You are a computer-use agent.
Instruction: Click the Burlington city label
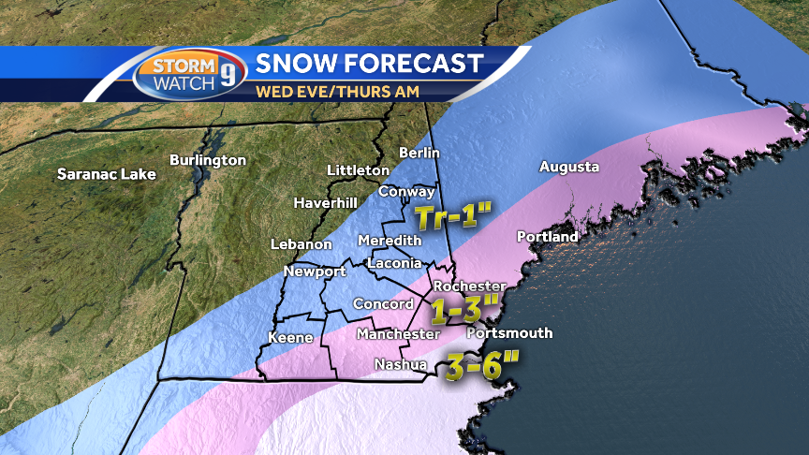pos(207,161)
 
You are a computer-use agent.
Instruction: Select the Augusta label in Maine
pos(569,168)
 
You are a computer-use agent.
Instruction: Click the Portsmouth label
pos(509,333)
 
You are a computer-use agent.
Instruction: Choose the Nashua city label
pos(401,364)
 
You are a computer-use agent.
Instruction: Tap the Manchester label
pos(398,334)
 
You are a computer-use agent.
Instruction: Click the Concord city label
pos(383,304)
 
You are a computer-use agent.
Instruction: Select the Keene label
pos(290,337)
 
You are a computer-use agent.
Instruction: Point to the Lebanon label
pos(302,244)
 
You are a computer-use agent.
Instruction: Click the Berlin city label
pos(419,153)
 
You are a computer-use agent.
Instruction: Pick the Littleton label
pos(358,170)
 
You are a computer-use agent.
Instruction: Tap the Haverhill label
pos(325,202)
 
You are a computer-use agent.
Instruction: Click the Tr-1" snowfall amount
pos(453,218)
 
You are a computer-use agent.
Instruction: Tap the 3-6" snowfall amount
pos(481,365)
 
